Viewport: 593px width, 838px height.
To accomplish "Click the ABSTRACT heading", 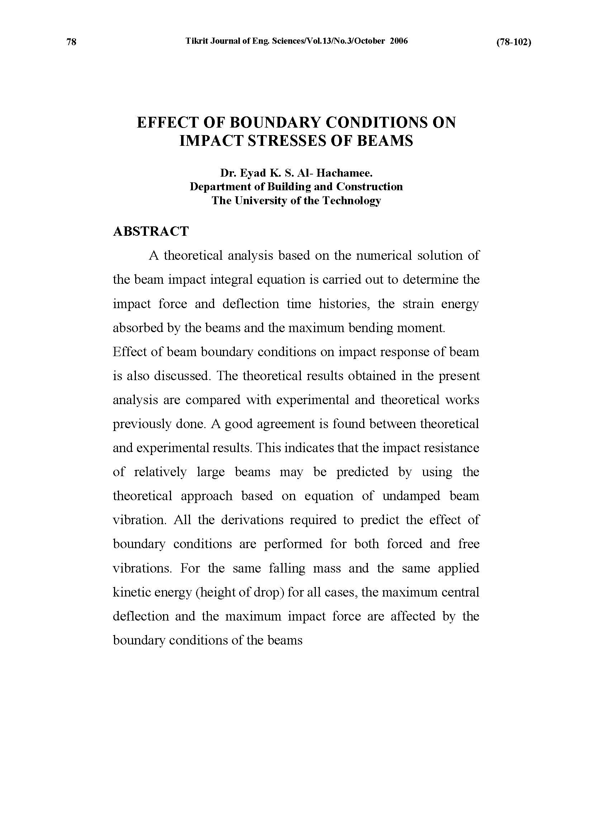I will point(151,231).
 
